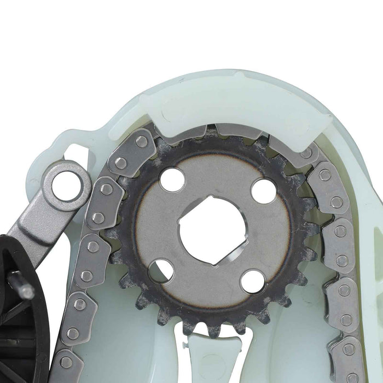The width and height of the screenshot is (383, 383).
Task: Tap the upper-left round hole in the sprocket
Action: click(172, 180)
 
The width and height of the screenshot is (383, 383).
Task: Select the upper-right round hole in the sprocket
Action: click(264, 191)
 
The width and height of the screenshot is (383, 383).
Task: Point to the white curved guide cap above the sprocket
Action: click(235, 109)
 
